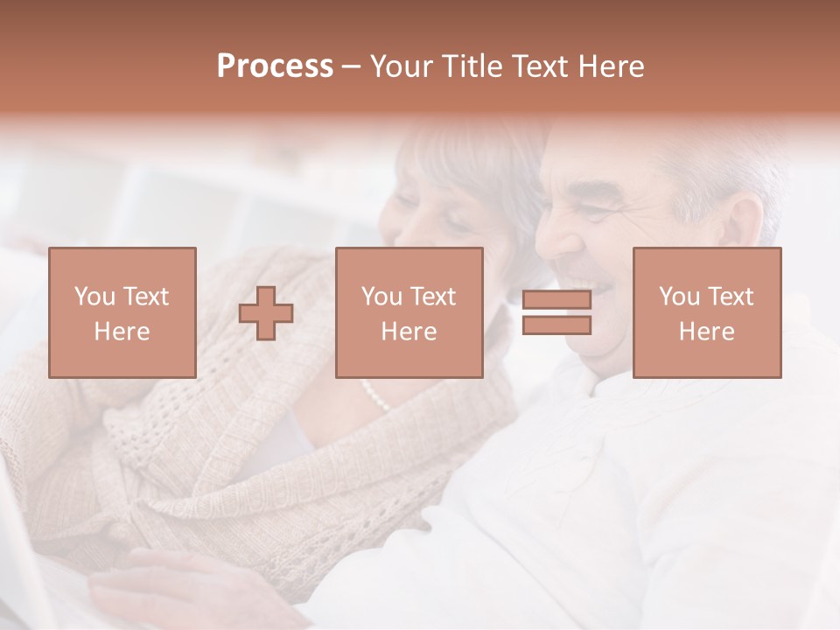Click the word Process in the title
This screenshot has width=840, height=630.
tap(275, 66)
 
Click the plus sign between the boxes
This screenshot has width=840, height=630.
tap(266, 313)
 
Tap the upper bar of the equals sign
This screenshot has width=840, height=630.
tap(556, 300)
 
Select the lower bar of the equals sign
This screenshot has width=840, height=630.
tap(556, 325)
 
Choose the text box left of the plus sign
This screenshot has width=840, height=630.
tap(122, 312)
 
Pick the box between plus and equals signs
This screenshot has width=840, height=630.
tap(409, 312)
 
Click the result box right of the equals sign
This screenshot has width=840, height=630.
tap(706, 312)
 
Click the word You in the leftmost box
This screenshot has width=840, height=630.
tap(94, 297)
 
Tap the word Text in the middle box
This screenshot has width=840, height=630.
tap(433, 297)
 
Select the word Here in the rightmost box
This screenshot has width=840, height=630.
tap(706, 332)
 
